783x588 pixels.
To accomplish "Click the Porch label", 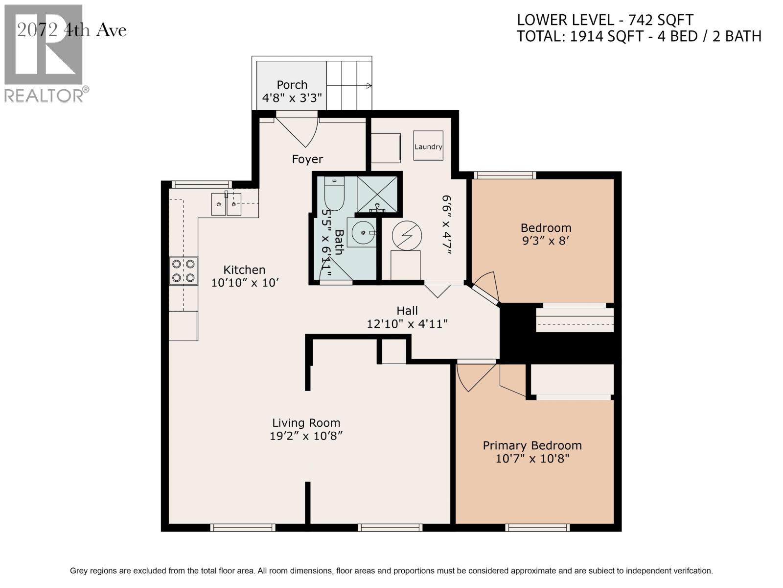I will [292, 85].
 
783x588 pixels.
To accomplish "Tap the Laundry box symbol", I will [428, 146].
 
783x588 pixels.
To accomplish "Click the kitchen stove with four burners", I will [184, 271].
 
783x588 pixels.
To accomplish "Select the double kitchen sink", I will [226, 204].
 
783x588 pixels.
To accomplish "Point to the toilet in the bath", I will [335, 194].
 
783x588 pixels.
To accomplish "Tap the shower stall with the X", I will [377, 195].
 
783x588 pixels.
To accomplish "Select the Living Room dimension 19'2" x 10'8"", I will [306, 436].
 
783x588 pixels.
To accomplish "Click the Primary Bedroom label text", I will [532, 445].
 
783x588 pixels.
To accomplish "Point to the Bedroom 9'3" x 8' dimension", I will [546, 241].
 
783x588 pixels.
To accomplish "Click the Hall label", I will [407, 311].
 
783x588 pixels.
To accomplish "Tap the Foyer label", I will [307, 159].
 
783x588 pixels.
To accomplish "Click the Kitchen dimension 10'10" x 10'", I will [245, 283].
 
